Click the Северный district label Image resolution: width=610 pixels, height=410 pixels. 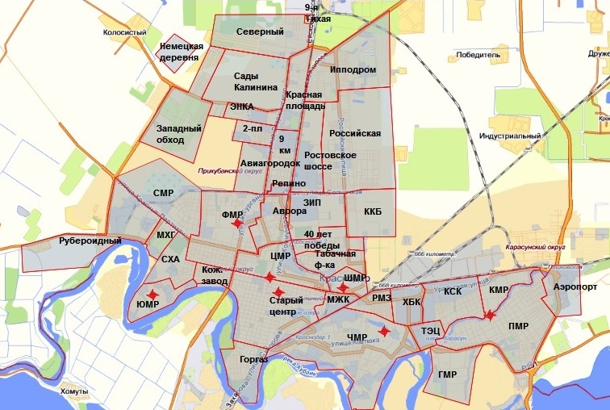[260, 32]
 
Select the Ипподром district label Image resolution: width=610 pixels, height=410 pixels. [353, 70]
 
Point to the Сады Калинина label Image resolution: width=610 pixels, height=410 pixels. [256, 82]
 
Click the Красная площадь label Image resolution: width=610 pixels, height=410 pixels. [305, 100]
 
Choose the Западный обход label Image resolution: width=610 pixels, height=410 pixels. [169, 134]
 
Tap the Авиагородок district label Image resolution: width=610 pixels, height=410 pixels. [270, 164]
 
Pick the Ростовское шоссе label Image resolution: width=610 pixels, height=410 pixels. [329, 161]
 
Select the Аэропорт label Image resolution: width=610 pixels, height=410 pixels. [576, 287]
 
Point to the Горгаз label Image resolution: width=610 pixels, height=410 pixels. [254, 358]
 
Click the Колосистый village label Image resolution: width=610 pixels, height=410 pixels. [125, 33]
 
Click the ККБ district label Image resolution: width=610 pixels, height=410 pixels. [372, 212]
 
